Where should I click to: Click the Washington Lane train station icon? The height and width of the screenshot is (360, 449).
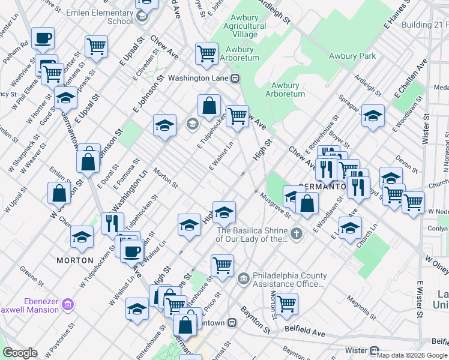tap(236, 78)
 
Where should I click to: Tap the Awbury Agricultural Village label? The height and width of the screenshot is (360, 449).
tap(245, 26)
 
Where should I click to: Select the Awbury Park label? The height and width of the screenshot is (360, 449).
tap(352, 56)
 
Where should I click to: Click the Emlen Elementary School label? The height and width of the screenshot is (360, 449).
tap(111, 17)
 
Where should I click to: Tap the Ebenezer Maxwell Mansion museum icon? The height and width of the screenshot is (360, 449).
tap(68, 305)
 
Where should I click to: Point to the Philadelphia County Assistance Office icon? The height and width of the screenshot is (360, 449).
tap(244, 277)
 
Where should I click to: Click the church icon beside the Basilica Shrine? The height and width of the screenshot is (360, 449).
tap(295, 233)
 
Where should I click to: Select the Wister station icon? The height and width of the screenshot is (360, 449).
tap(374, 350)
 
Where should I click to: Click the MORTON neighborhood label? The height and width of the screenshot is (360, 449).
tap(75, 260)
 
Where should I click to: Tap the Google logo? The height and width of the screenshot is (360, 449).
tap(20, 353)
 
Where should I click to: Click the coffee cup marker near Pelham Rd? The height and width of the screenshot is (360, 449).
tap(43, 38)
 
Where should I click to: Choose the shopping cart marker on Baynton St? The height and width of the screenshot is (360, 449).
tap(286, 303)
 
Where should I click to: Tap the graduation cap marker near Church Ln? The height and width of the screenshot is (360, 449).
tap(350, 227)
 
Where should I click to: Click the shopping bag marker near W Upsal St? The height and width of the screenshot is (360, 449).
tap(59, 193)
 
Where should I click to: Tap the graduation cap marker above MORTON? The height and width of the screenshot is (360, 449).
tap(82, 237)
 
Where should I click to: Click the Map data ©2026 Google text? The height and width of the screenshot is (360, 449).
tap(412, 355)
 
